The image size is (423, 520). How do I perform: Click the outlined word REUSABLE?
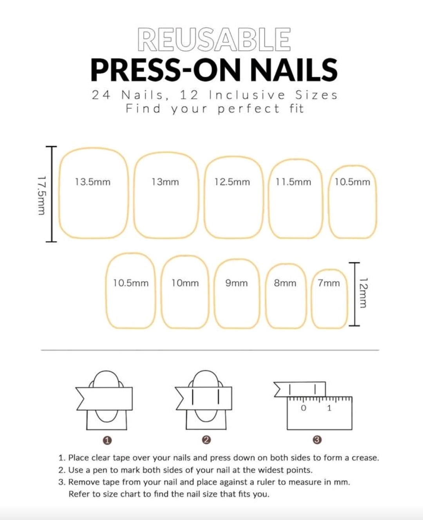[214, 40]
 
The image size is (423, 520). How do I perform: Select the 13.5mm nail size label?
[92, 182]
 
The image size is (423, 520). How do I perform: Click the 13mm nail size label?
[165, 182]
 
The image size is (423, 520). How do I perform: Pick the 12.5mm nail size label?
[232, 182]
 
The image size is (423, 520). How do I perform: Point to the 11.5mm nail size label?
[293, 182]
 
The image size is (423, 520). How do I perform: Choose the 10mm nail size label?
[185, 283]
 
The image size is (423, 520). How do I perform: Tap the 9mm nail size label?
[237, 283]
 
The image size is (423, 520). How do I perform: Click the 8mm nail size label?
[285, 283]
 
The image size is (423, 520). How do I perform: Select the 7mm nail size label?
[329, 283]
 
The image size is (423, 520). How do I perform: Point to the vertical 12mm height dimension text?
[363, 293]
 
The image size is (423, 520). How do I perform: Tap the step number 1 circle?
[107, 441]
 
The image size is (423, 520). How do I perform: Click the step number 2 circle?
[206, 440]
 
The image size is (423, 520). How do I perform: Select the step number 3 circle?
[317, 440]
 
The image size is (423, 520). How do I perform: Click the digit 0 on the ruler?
[303, 408]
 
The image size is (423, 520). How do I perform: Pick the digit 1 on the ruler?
[329, 408]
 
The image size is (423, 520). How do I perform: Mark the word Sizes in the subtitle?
[316, 95]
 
